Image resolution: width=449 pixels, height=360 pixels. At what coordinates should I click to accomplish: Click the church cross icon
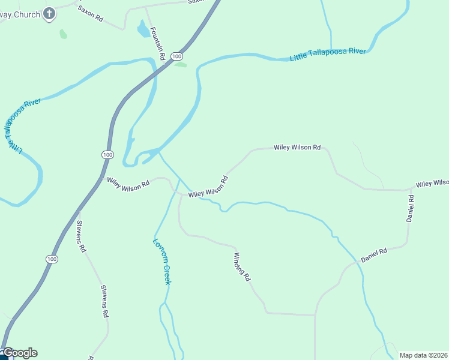pos(49,13)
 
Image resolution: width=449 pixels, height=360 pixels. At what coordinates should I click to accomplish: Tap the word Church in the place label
pos(28,14)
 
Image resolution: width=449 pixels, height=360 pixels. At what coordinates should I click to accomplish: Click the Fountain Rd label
pos(157,43)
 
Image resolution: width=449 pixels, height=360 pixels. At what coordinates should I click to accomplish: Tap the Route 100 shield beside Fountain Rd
pos(176,56)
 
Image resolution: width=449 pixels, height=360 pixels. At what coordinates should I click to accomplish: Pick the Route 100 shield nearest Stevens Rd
pos(52,259)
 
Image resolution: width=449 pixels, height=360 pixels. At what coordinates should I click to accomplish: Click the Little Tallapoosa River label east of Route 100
pos(328,55)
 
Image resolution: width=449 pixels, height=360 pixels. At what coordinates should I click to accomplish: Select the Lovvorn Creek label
pos(162,262)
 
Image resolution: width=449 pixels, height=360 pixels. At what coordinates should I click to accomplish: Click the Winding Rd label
pos(241,266)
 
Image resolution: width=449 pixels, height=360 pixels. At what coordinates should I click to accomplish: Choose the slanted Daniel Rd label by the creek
pos(374,254)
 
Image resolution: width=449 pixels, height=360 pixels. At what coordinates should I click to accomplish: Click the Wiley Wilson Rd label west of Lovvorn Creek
pos(128,184)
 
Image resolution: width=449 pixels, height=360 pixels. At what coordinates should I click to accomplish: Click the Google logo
pos(20,353)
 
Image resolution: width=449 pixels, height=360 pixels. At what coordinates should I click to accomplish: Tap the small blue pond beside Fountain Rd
pos(143,29)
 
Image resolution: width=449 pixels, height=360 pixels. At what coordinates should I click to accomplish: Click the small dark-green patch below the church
pos(63,34)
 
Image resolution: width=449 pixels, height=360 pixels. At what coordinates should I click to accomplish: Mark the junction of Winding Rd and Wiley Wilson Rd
pos(181,194)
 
